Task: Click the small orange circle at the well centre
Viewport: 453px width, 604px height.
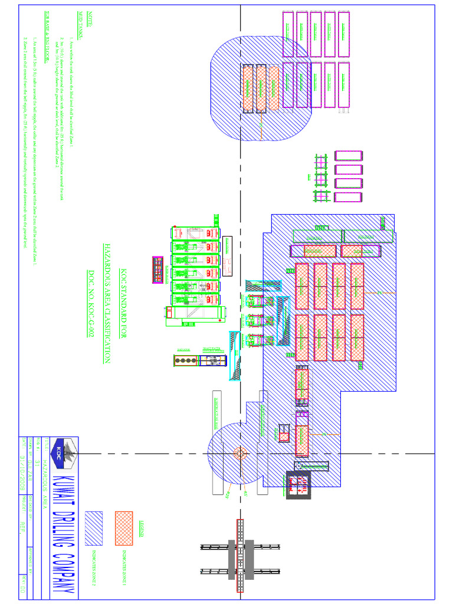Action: pyautogui.click(x=239, y=454)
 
